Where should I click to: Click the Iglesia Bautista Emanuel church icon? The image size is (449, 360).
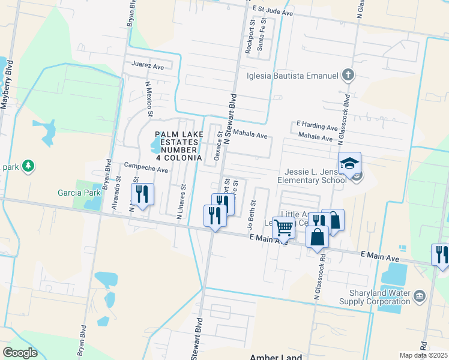[x=347, y=76]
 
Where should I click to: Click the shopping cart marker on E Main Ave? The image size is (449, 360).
[x=283, y=228]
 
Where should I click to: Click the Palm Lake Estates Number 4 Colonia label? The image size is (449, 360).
[x=178, y=146]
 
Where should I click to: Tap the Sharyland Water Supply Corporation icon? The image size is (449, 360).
[x=419, y=295]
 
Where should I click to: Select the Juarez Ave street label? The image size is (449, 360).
[x=148, y=66]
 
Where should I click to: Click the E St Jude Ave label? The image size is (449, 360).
[x=273, y=11]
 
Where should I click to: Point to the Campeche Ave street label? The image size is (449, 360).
[x=146, y=169]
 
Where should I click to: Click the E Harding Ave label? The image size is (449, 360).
[x=318, y=127]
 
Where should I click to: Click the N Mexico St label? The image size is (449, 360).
[x=149, y=100]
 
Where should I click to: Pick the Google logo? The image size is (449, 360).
[x=20, y=353]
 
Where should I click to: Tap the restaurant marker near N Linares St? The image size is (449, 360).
[x=142, y=194]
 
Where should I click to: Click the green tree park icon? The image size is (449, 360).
[x=26, y=165]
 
